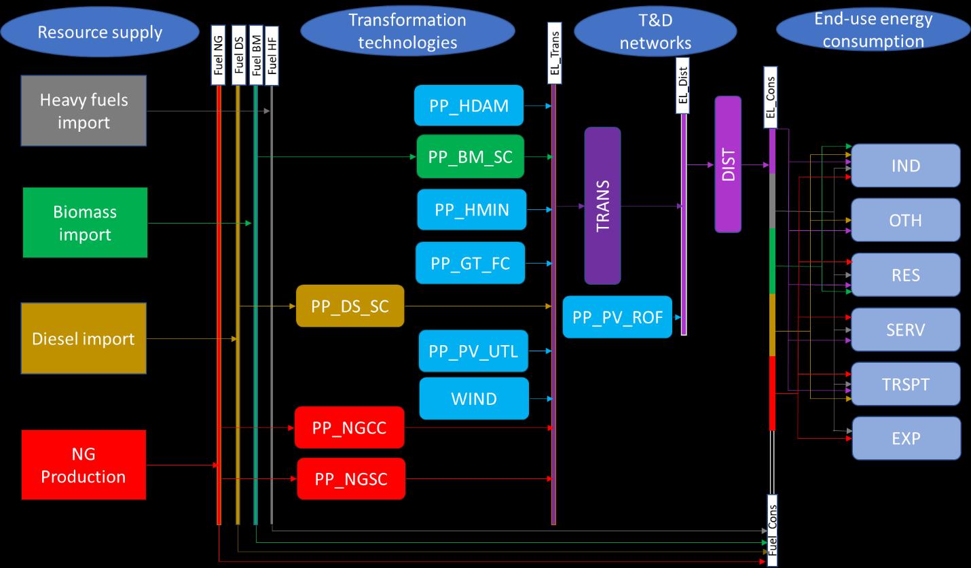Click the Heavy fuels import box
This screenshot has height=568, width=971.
84,111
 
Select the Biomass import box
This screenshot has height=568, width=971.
85,222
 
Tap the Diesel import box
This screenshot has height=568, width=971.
84,338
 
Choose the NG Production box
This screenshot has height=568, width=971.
84,465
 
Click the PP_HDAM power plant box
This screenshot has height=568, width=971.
469,105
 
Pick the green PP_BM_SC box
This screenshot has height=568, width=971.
471,156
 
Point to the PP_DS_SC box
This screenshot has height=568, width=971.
350,306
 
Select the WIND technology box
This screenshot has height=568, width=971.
474,398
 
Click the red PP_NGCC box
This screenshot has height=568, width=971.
350,427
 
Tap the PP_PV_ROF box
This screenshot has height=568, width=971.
617,317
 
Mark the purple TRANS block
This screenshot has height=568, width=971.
602,205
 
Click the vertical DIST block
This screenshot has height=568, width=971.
728,164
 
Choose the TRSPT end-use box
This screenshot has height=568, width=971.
906,384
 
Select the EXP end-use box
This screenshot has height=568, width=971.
906,438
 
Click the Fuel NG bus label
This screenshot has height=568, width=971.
219,55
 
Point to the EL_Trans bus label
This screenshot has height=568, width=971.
555,53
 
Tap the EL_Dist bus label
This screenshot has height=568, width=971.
682,86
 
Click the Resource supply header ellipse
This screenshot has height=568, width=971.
100,32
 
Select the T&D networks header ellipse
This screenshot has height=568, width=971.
655,31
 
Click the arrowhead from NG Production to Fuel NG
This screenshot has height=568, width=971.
215,465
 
